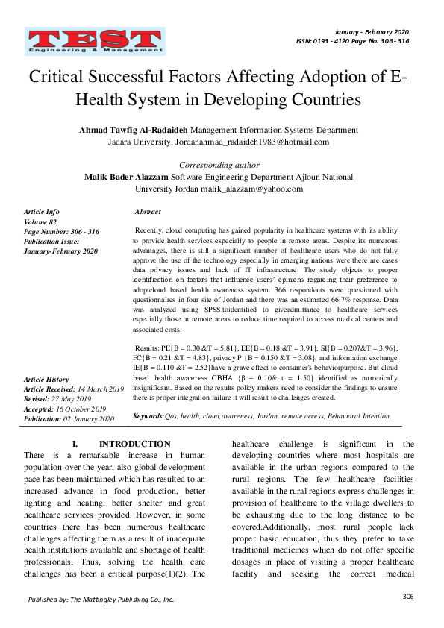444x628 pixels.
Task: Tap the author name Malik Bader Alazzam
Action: click(128, 178)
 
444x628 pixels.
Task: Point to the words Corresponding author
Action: click(219, 165)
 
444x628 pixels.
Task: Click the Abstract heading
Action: click(148, 213)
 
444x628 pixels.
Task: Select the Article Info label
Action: click(42, 213)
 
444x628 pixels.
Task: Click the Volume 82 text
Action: click(41, 222)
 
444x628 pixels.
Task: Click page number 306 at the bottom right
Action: click(407, 596)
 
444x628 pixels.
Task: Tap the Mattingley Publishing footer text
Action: click(101, 599)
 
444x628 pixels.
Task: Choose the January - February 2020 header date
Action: click(372, 32)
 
